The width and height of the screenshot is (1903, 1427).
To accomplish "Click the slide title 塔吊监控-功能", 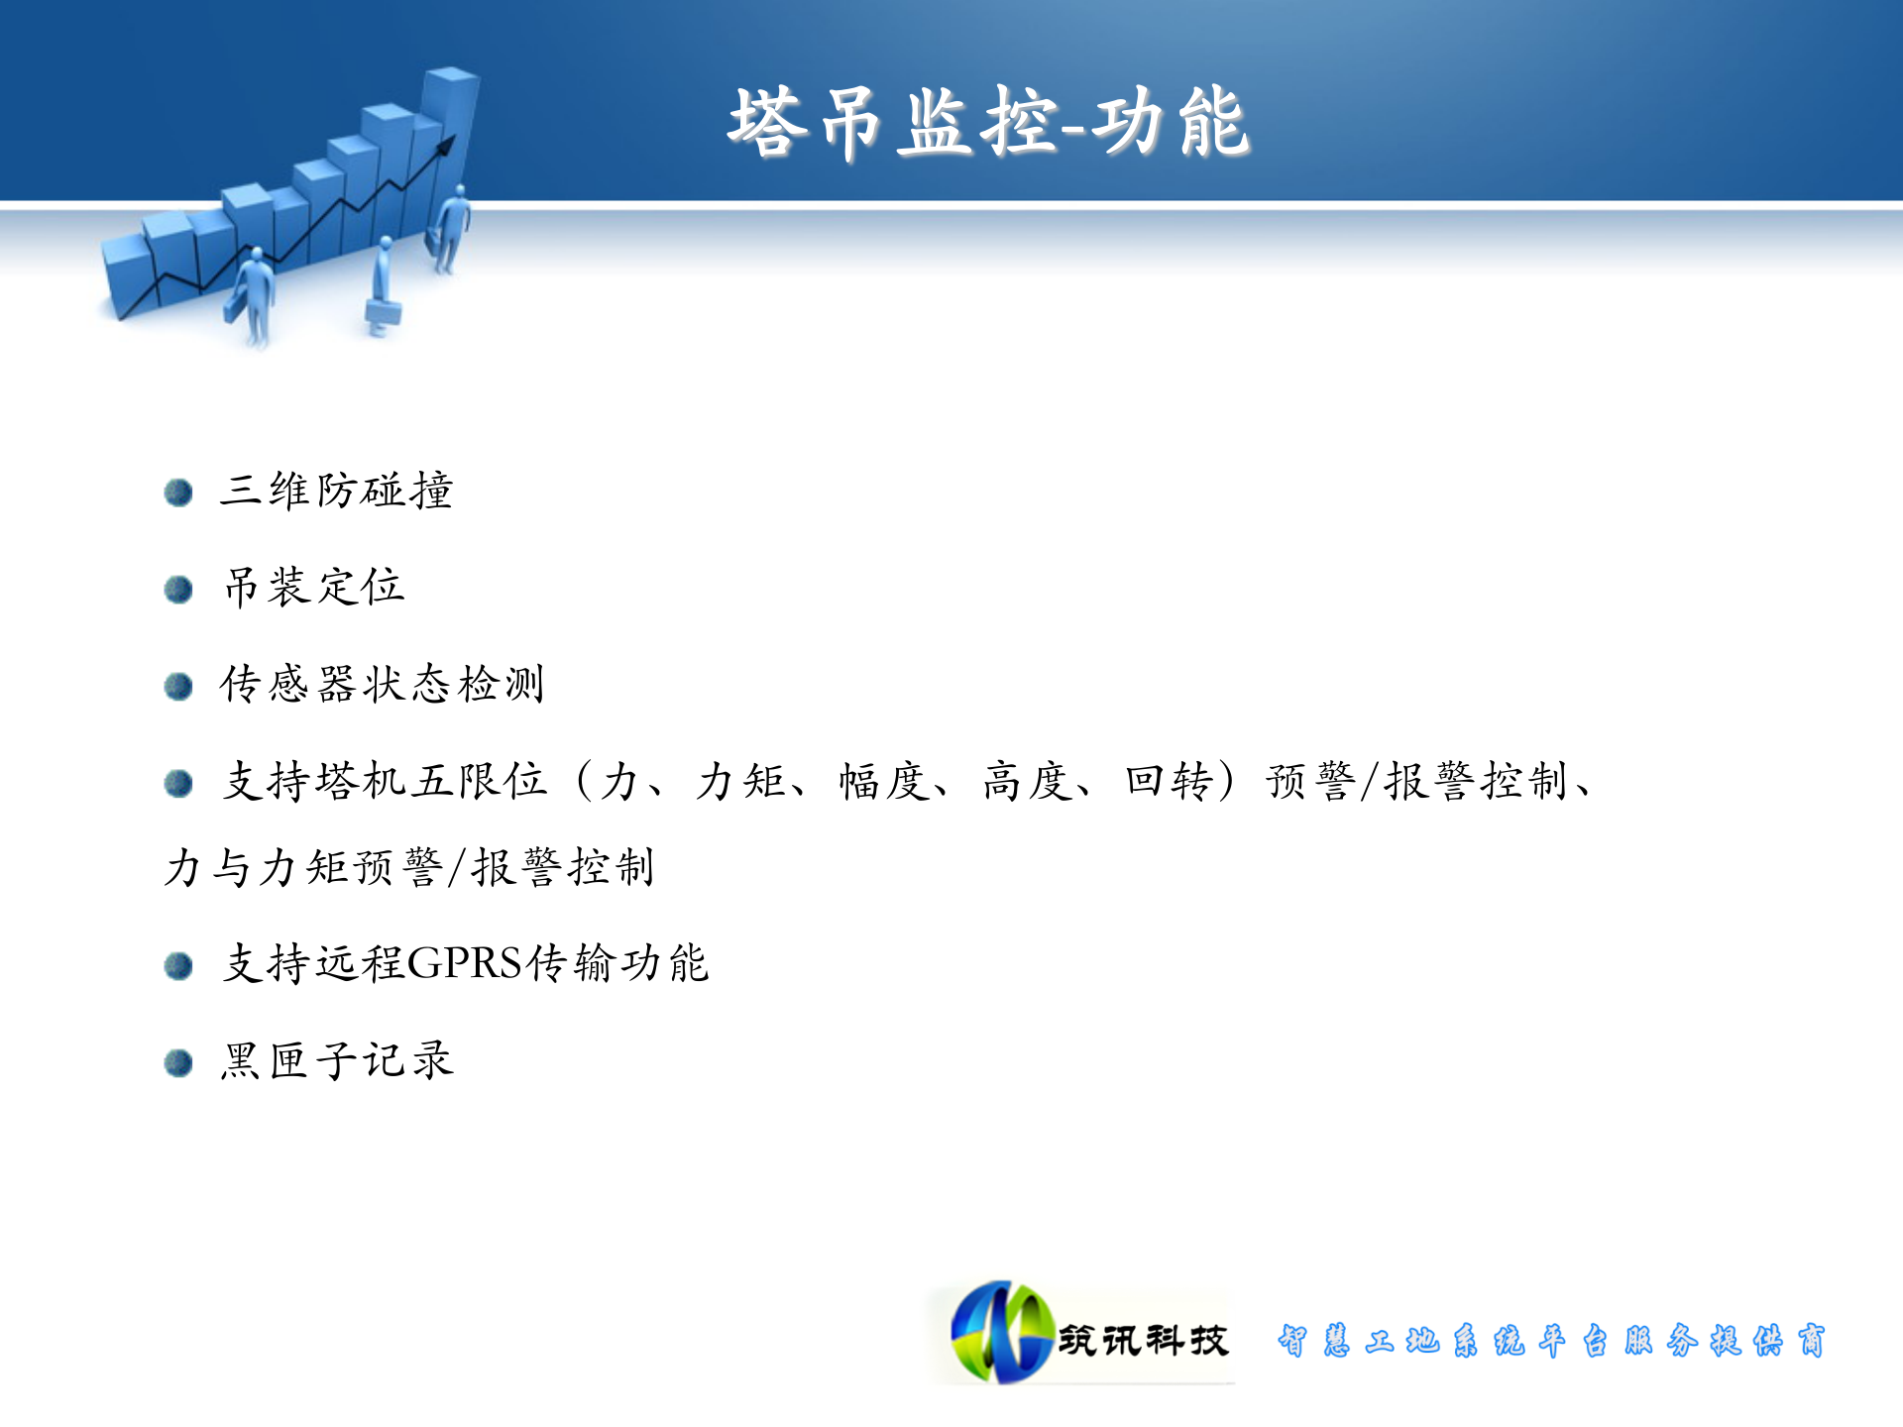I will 988,123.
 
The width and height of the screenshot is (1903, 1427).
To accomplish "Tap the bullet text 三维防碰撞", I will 336,491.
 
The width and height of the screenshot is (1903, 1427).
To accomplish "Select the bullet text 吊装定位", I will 314,587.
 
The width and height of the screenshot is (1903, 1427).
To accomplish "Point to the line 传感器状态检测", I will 383,684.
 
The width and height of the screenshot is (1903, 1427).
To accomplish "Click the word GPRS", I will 464,963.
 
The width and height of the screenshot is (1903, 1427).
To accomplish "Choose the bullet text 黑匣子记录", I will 337,1060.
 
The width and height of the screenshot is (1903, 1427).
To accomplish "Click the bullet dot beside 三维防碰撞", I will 178,493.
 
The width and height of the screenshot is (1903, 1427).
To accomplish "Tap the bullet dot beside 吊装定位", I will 178,590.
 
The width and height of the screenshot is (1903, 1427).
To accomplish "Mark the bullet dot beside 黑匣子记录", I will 178,1063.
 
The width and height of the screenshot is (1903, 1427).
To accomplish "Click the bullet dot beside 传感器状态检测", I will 178,686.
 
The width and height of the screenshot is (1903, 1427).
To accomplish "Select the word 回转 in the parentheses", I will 1170,781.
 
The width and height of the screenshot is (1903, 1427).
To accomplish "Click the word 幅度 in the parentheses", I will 884,781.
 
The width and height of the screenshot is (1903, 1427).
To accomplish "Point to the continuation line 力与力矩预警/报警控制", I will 408,867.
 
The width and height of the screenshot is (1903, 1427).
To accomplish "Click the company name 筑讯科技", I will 1143,1340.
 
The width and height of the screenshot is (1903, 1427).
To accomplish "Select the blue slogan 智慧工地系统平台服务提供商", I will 1551,1340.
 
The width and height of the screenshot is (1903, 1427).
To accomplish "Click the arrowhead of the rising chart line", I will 447,145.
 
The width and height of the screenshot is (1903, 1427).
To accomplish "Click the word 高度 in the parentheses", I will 1027,781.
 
